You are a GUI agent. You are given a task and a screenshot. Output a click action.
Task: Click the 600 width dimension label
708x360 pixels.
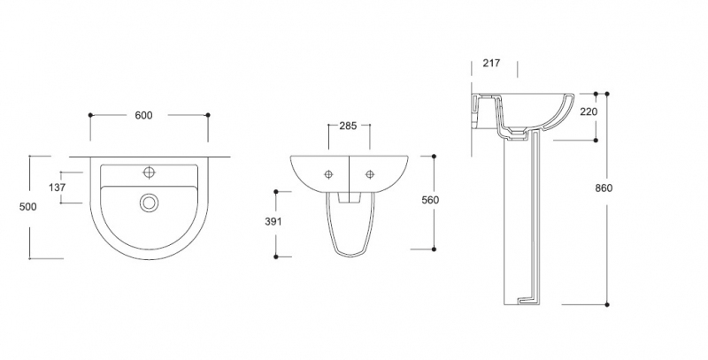point(143,116)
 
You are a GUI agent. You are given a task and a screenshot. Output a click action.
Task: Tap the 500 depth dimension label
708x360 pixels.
point(28,207)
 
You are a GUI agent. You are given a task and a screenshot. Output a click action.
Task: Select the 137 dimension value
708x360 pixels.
point(58,188)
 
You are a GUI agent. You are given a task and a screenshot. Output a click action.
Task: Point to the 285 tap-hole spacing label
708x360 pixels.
point(348,126)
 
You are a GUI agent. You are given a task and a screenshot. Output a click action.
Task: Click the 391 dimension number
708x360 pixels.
point(273,221)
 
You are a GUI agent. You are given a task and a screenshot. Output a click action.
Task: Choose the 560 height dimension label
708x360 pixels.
point(430,200)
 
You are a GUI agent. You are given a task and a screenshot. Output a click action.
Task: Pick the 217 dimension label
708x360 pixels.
point(491,63)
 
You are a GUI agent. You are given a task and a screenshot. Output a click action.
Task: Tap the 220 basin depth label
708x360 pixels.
point(589,111)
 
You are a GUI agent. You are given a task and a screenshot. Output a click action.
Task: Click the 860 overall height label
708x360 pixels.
point(604,188)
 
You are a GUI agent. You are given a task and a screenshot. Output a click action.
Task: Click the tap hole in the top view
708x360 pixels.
point(149,172)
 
